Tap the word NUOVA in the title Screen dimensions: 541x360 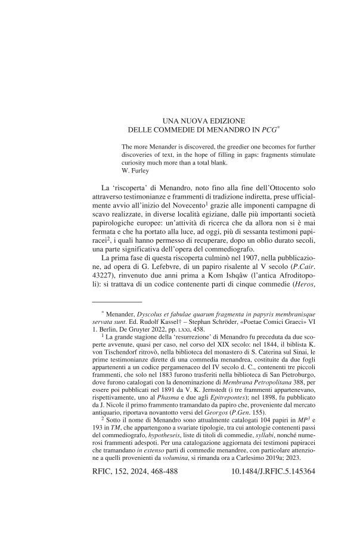179,120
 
